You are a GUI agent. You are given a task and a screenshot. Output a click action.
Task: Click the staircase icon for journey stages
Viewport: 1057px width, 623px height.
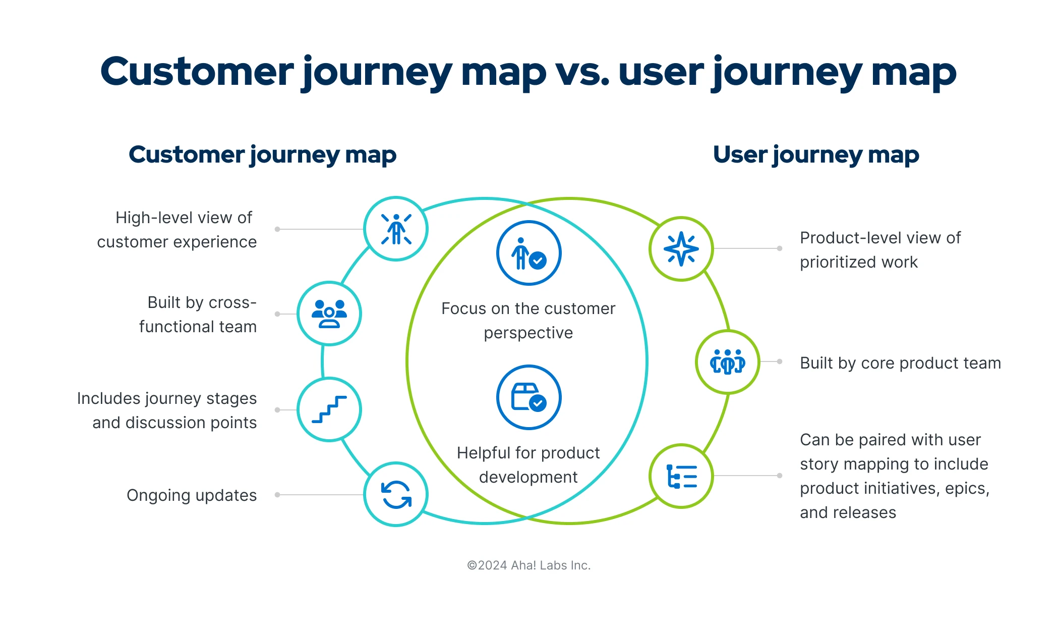pyautogui.click(x=329, y=409)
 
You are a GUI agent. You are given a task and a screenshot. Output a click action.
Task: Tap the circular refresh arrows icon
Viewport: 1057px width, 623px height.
pyautogui.click(x=396, y=494)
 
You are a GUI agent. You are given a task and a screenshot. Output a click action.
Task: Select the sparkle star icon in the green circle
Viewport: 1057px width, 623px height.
pyautogui.click(x=681, y=249)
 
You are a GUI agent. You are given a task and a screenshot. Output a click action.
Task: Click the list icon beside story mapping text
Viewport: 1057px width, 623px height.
pyautogui.click(x=682, y=476)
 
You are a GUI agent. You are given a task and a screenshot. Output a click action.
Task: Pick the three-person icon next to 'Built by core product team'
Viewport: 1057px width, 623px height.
pyautogui.click(x=728, y=361)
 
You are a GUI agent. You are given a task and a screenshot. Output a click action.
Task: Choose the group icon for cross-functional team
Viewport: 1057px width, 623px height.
pyautogui.click(x=329, y=314)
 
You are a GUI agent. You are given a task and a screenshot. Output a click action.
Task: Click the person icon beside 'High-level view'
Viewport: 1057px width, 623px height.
pyautogui.click(x=396, y=229)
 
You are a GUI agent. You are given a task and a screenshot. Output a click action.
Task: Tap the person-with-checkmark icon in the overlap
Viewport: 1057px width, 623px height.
pyautogui.click(x=529, y=253)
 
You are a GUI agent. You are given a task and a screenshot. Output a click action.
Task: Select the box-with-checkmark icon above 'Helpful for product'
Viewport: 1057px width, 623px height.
pyautogui.click(x=529, y=397)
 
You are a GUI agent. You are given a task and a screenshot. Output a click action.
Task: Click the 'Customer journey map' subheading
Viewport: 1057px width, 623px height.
pyautogui.click(x=263, y=155)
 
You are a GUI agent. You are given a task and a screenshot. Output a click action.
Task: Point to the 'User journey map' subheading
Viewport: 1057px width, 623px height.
pyautogui.click(x=816, y=155)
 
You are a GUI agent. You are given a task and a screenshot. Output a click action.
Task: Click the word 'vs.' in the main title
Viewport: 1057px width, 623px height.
pyautogui.click(x=582, y=72)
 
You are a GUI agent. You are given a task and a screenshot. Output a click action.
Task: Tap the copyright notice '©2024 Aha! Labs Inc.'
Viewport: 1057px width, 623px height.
pyautogui.click(x=528, y=565)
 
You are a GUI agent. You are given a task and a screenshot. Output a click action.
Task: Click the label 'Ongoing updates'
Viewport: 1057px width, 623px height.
pyautogui.click(x=192, y=495)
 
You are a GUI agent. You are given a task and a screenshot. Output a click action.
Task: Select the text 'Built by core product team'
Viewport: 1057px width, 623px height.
pyautogui.click(x=900, y=363)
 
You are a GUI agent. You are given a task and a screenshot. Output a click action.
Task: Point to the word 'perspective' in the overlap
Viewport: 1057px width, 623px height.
pyautogui.click(x=528, y=333)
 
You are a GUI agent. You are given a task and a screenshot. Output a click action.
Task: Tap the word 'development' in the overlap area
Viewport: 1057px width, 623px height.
pyautogui.click(x=528, y=477)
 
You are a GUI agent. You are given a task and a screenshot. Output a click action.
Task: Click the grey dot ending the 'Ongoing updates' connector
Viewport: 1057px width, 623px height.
pyautogui.click(x=277, y=495)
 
